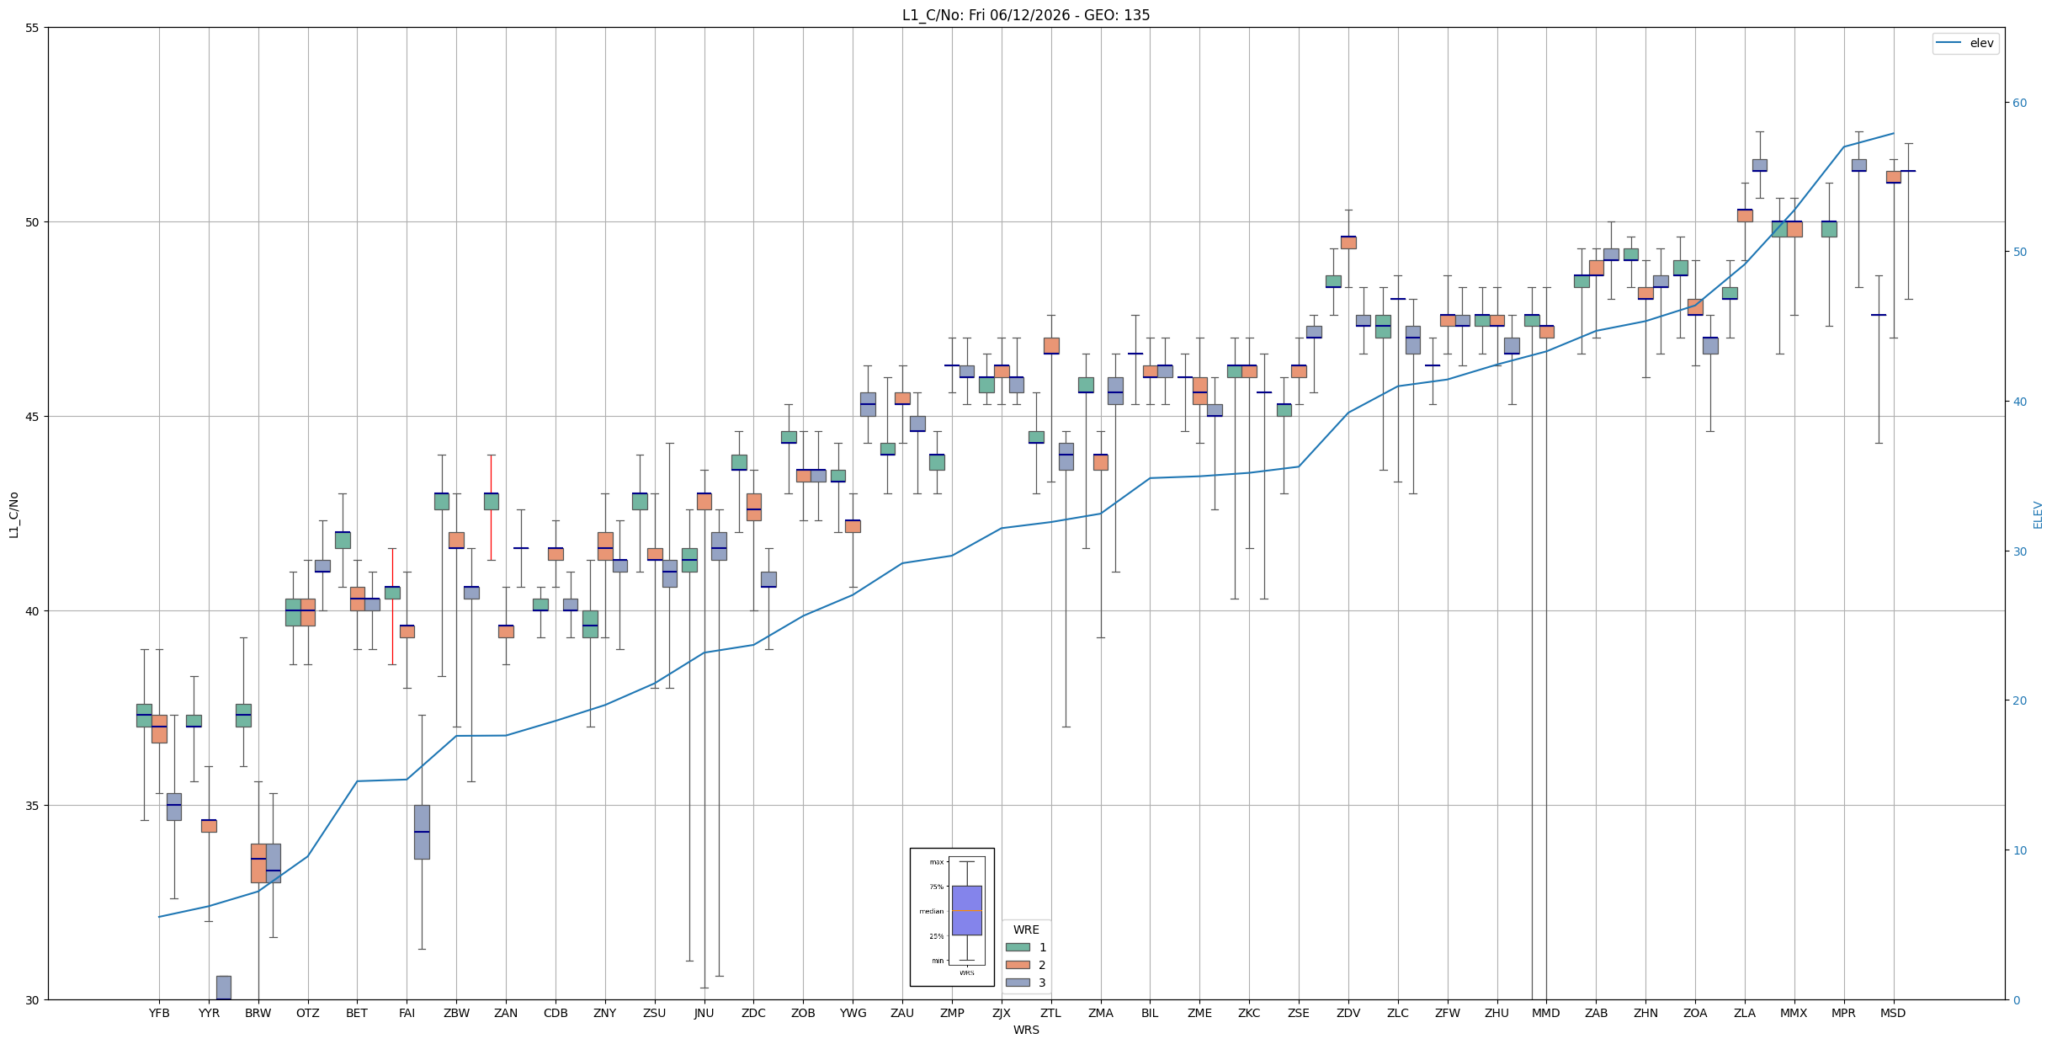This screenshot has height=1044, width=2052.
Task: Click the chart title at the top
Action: click(1026, 14)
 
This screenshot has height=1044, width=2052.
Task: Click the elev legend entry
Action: click(1965, 43)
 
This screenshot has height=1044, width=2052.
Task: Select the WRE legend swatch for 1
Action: click(1018, 947)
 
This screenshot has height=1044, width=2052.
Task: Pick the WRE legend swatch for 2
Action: click(1018, 965)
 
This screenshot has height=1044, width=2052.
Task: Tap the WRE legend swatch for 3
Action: click(1018, 983)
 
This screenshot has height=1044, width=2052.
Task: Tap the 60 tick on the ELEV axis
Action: click(2019, 103)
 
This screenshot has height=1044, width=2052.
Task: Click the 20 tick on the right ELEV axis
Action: click(2019, 700)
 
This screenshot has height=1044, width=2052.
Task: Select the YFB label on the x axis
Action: click(159, 1013)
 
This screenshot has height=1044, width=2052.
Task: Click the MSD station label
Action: click(1893, 1013)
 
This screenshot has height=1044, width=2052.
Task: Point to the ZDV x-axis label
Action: click(1348, 1013)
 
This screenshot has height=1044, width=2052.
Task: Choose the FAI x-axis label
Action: click(407, 1013)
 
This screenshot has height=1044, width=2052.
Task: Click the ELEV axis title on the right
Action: click(2038, 514)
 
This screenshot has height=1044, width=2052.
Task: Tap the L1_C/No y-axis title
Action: click(13, 514)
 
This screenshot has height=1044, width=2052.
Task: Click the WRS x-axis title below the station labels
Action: click(1026, 1030)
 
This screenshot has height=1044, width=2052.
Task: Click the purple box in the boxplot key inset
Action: click(966, 910)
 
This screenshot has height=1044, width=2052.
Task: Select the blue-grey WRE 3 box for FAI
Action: click(422, 832)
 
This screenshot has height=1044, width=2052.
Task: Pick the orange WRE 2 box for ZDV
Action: click(1348, 242)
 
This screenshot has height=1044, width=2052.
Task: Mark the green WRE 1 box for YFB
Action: click(144, 716)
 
